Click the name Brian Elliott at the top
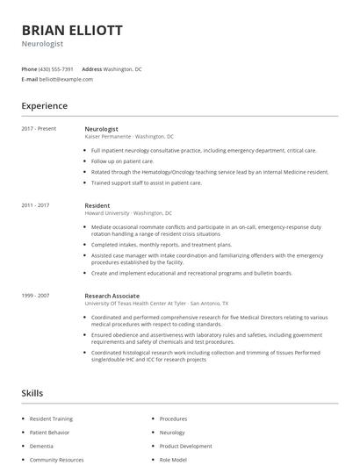click(x=71, y=30)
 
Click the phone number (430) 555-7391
click(x=56, y=68)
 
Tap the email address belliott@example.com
click(x=66, y=79)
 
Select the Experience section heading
click(x=45, y=106)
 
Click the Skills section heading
click(x=32, y=393)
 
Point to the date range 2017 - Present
click(x=40, y=129)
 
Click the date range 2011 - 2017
click(x=36, y=205)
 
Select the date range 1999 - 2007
click(x=36, y=296)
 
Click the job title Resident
click(x=97, y=205)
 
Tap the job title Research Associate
click(x=112, y=296)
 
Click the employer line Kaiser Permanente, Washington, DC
click(x=129, y=137)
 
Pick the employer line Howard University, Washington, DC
click(x=128, y=213)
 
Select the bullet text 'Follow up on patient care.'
click(x=122, y=161)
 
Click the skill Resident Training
click(x=51, y=419)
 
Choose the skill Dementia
click(x=41, y=446)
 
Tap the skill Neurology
click(x=172, y=433)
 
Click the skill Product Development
click(x=185, y=446)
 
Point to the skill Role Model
click(x=174, y=459)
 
